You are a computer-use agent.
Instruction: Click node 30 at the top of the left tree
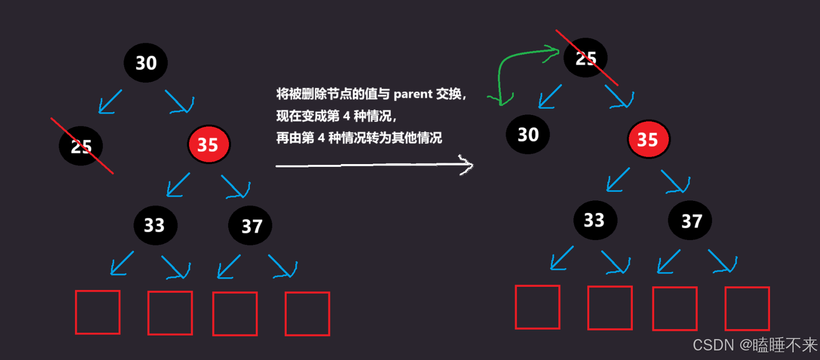146,63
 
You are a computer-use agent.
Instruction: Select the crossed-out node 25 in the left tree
81,146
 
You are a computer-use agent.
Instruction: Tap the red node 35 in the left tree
209,145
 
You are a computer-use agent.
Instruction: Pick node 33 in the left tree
155,225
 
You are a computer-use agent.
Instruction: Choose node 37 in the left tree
250,225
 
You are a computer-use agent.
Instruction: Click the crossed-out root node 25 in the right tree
585,58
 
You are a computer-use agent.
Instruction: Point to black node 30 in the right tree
528,135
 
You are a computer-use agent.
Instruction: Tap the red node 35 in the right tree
648,140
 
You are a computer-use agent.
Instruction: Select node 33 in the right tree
595,220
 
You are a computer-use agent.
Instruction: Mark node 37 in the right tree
690,221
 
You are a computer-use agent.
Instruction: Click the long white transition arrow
373,165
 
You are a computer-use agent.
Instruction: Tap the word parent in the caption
413,94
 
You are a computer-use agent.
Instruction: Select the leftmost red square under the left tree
98,312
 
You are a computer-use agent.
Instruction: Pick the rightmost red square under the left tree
308,314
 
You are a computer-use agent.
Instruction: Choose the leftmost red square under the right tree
537,307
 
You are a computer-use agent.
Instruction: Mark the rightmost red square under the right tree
747,308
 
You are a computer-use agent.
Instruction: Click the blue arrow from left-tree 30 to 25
110,101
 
